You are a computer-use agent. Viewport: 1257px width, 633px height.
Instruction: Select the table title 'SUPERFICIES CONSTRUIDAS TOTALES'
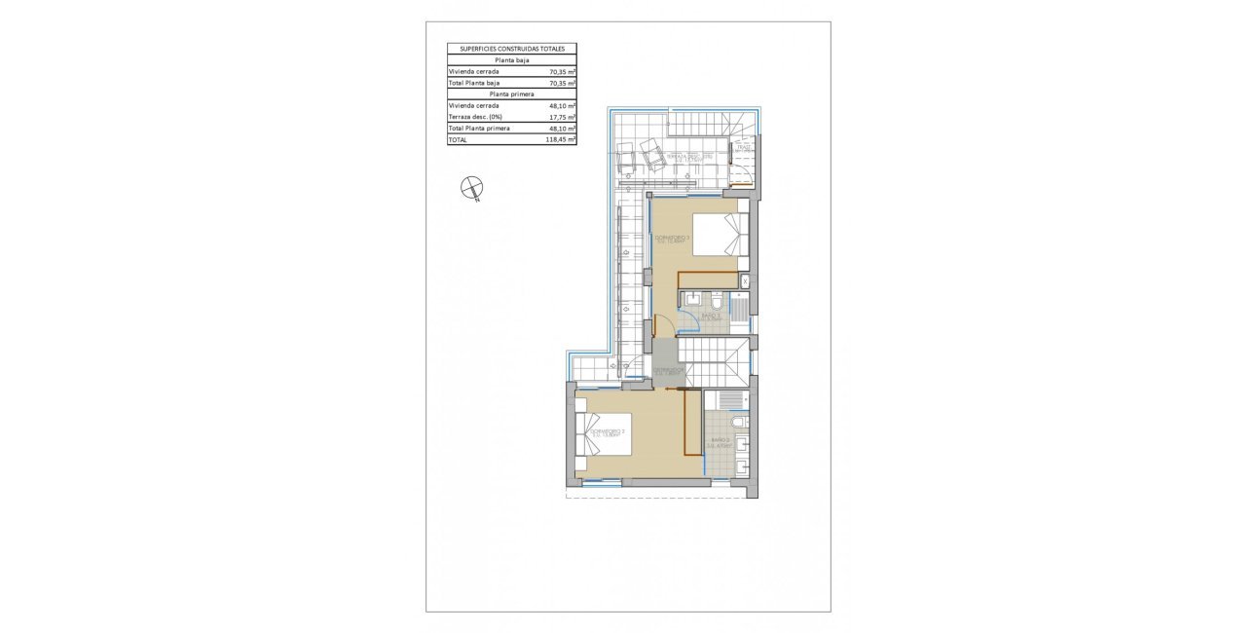click(511, 48)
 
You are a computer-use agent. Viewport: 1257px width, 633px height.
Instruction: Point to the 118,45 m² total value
click(562, 140)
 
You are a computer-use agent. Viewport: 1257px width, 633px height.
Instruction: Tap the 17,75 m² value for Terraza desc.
click(562, 117)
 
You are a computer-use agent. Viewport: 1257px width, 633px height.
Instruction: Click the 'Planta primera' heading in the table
click(511, 93)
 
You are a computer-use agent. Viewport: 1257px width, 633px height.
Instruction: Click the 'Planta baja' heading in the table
click(511, 59)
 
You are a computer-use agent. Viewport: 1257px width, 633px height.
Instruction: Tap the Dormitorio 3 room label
click(673, 240)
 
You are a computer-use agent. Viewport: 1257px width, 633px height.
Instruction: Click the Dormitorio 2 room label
click(606, 432)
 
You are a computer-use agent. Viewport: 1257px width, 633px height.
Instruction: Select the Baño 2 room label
click(721, 442)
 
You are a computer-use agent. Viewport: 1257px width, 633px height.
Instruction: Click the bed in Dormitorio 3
click(721, 236)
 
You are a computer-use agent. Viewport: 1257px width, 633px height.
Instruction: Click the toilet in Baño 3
click(716, 298)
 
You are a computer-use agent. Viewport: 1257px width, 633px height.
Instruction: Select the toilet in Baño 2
click(739, 422)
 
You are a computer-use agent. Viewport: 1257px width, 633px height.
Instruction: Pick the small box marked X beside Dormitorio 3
click(745, 280)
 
